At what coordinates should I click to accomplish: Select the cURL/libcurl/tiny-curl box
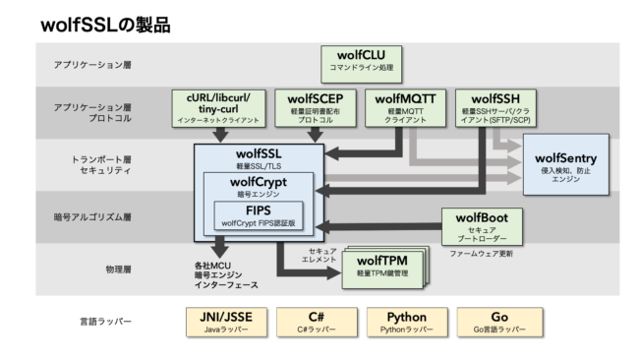[225, 107]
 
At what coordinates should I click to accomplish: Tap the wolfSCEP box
[316, 107]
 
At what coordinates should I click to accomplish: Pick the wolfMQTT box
[404, 107]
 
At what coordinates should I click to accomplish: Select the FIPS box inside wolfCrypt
[259, 215]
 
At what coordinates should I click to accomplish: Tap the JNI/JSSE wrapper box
[225, 323]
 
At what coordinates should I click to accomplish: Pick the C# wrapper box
[316, 323]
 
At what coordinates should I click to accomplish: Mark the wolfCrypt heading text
[259, 182]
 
